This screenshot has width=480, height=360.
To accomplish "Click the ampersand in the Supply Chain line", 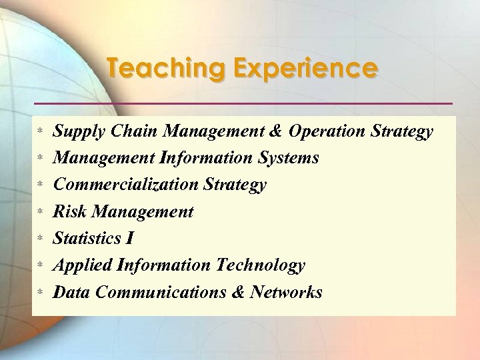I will pos(280,131).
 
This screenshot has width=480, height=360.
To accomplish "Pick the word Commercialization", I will pos(131,185).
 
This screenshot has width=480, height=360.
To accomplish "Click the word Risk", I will pos(70,212).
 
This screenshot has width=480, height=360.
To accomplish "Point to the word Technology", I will pos(261,265).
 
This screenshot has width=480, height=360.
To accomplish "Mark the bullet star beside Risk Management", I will pos(40,213).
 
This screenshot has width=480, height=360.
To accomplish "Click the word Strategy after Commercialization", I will pos(239,185).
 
